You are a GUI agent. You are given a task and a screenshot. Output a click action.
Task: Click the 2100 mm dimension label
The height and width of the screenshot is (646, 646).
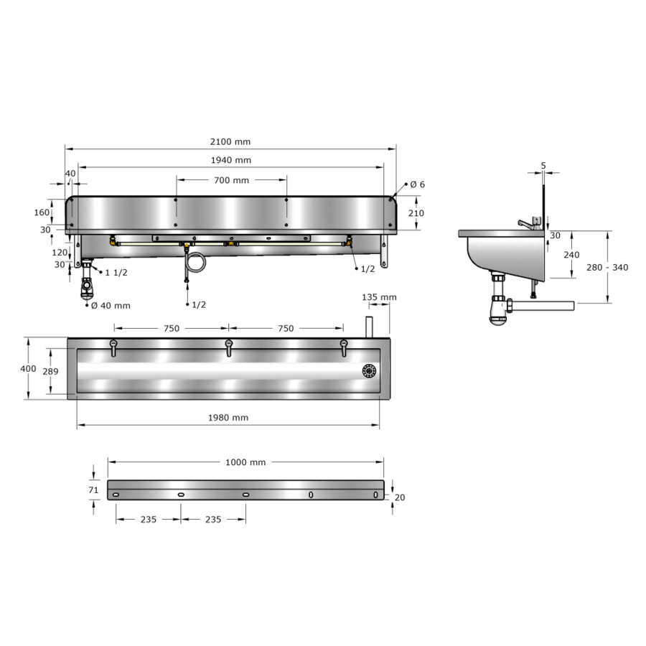[230, 141]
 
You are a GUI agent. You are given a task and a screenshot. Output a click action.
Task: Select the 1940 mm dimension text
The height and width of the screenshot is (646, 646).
[230, 160]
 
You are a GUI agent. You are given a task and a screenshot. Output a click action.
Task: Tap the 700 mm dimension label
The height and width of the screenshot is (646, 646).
[231, 180]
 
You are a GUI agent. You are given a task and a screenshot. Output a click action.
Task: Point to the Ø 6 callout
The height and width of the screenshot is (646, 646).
[417, 184]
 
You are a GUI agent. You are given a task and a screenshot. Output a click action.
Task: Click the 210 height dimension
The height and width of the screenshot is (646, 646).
[416, 213]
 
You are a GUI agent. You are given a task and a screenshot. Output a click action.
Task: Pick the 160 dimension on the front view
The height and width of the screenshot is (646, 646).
[42, 212]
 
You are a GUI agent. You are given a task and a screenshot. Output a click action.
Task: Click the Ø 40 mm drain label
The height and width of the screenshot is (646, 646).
[111, 306]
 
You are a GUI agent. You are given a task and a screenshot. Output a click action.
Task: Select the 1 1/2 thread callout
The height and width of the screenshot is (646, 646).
[116, 273]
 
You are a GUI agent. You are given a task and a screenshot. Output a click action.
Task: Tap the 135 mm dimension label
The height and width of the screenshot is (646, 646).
[379, 297]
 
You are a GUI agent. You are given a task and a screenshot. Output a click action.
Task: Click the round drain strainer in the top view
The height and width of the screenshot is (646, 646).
[369, 371]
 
